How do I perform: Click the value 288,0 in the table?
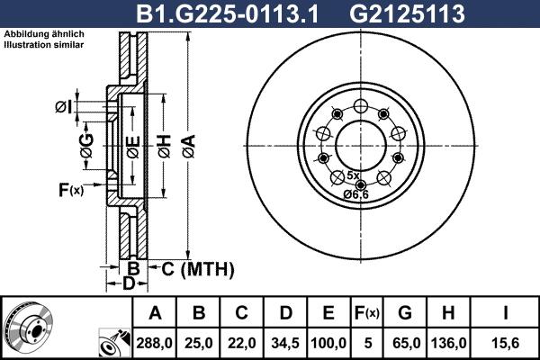(x=156, y=343)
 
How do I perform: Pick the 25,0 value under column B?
(x=199, y=343)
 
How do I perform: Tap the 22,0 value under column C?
(x=242, y=343)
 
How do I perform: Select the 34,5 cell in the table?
(x=285, y=343)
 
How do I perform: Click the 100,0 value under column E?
(x=329, y=343)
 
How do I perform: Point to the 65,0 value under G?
(x=406, y=343)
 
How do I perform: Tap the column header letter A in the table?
(x=156, y=313)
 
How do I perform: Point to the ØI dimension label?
(x=63, y=108)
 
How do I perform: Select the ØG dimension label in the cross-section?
(x=85, y=149)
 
